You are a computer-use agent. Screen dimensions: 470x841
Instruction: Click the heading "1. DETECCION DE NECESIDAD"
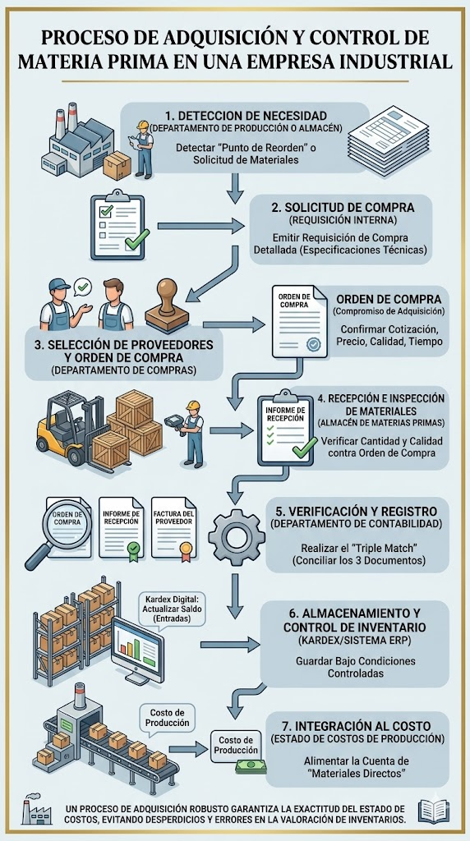(245, 117)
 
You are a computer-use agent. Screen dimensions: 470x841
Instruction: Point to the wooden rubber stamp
(168, 307)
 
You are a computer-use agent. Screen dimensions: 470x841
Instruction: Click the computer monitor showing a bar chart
(138, 650)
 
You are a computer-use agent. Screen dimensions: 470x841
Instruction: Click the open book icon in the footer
(434, 811)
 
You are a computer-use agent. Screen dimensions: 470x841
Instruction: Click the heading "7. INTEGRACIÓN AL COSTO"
(357, 726)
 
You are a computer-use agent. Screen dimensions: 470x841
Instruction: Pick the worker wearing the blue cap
(60, 304)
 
